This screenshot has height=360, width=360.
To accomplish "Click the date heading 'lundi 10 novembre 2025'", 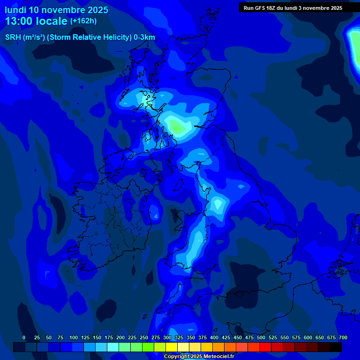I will pos(56,10).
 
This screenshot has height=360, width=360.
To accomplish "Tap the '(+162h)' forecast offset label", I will pos(83,21).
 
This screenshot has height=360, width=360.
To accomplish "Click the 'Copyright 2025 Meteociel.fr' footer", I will pos(199,356).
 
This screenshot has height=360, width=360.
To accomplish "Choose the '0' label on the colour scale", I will pos(24,338).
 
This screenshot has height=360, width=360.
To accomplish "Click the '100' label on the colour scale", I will pos(73,338).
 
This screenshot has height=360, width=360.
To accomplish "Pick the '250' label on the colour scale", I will pos(144,338).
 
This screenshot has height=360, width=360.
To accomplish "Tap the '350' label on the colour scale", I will pos(191,338).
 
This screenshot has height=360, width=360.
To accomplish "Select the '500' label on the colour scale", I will pos(261,338).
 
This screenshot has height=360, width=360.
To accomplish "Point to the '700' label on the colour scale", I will pos(343,338).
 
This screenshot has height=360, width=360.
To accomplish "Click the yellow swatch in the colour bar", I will pos(172,347).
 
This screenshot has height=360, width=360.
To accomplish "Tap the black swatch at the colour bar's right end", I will pos(336,347).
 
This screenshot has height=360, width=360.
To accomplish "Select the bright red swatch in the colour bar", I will pos(265,347).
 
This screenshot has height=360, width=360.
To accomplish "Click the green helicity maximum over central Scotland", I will pos(177,126).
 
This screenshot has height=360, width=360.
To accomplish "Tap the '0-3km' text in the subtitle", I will pos(144,37).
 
